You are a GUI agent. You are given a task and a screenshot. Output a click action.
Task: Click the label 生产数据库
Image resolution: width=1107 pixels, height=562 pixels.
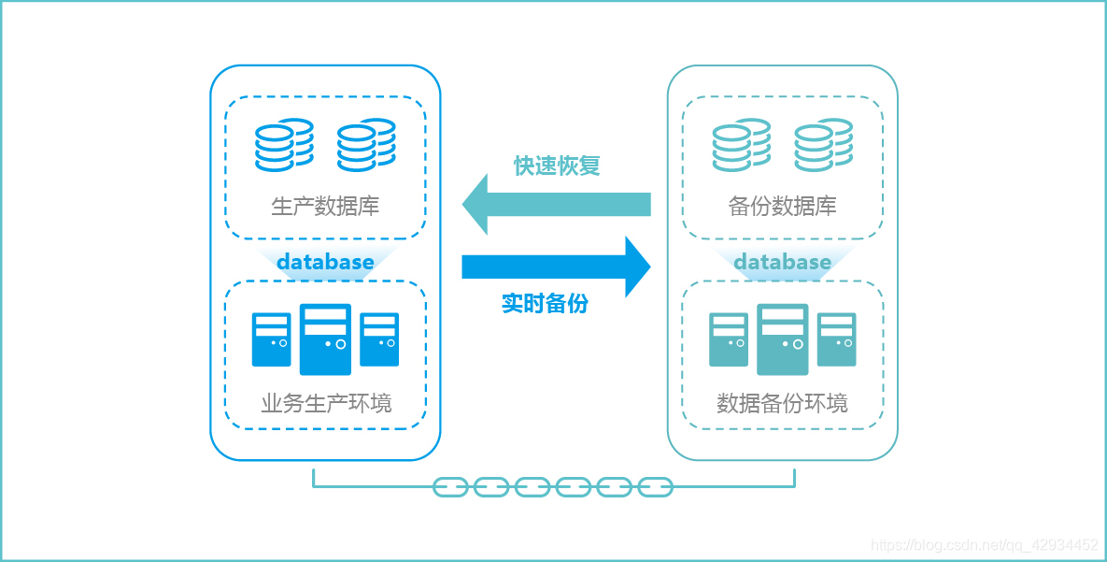pos(325,206)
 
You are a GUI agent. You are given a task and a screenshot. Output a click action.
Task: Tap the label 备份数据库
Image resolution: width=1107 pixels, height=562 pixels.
pos(782,206)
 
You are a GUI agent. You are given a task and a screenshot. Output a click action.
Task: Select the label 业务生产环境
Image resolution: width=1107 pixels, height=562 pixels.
pos(325,403)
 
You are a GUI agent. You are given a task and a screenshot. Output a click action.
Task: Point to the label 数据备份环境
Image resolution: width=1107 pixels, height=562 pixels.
pos(782,403)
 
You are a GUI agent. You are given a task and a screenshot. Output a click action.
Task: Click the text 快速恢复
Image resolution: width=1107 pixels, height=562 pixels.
pos(557,166)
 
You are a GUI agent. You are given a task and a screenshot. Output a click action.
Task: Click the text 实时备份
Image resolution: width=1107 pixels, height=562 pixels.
pos(545,303)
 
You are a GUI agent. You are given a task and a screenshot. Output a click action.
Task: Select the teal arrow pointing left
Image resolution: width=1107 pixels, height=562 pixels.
pos(556,204)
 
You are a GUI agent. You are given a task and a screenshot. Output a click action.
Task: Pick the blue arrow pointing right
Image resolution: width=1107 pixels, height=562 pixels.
pos(556,267)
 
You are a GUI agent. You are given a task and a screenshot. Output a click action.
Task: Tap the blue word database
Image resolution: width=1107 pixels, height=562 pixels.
pos(325,262)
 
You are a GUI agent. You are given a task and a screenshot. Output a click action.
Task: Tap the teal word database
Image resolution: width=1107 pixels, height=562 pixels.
pos(782,262)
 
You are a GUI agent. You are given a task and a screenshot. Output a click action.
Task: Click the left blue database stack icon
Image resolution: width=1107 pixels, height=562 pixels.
pos(284,145)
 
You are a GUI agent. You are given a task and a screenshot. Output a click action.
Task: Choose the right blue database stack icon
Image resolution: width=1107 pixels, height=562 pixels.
pos(366,145)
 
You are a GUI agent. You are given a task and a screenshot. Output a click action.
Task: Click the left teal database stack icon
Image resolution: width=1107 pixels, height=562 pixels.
pos(741,145)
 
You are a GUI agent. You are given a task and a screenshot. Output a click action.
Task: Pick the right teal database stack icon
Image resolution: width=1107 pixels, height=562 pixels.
pos(823,145)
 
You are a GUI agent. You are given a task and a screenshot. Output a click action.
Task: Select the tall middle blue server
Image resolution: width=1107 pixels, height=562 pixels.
pos(325,339)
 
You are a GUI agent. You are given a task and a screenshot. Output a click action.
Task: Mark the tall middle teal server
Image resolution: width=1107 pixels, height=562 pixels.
pos(782,339)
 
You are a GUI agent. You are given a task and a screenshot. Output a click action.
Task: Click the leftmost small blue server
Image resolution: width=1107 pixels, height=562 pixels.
pos(271,339)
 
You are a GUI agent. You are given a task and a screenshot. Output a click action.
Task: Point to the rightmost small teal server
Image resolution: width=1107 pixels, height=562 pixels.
pos(836,339)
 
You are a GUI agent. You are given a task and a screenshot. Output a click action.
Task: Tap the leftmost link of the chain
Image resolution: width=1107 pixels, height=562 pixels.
pos(450,487)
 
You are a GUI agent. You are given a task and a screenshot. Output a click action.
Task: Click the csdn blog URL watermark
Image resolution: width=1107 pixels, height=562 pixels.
pos(984,545)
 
